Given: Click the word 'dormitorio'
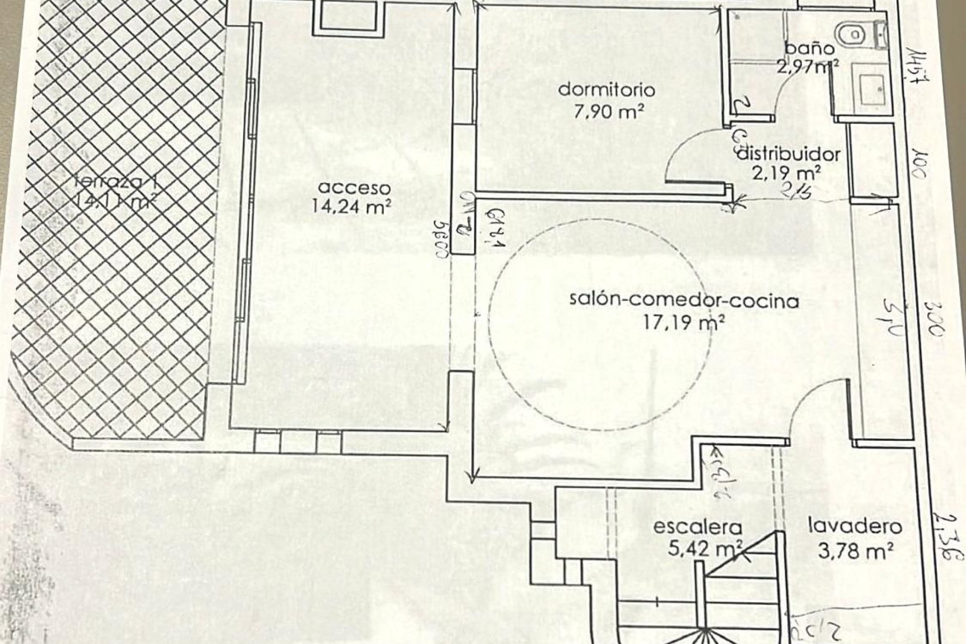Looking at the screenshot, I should pos(607,90).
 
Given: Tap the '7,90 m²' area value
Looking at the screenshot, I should pos(609,111).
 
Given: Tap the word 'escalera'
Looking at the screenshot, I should pos(697,528).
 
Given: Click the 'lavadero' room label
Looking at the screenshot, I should pos(854,527).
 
